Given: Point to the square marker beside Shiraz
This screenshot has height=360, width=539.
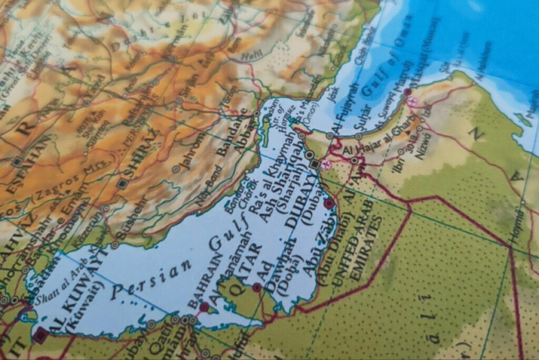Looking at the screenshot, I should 123,184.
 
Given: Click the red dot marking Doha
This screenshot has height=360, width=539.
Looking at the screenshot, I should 257,287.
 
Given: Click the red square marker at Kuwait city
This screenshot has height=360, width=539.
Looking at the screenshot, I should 40,335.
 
